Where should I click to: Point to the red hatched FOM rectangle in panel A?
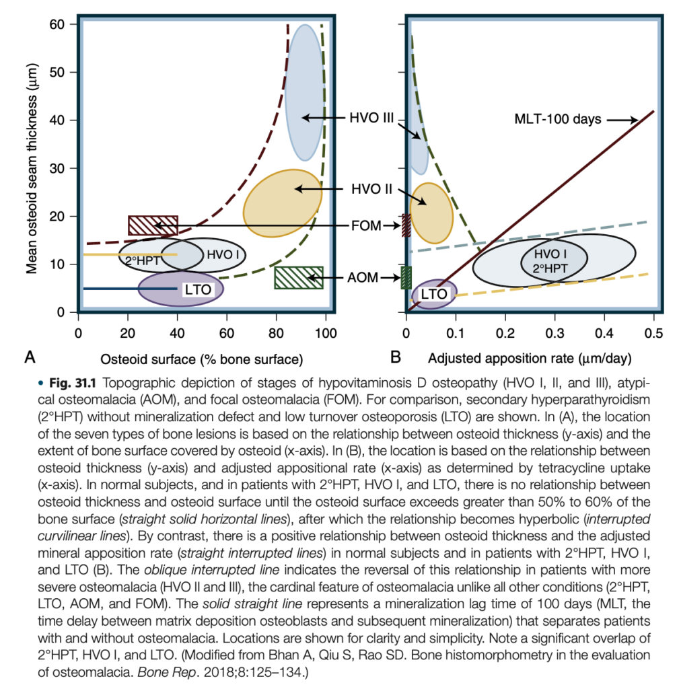tap(153, 225)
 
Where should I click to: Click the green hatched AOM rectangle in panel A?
tap(299, 277)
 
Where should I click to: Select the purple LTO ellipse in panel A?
tap(180, 289)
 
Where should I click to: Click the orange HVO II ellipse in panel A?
tap(282, 203)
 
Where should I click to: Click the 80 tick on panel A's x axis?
tap(276, 331)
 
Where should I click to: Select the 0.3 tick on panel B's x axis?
tap(555, 331)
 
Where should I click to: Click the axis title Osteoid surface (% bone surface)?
tap(201, 357)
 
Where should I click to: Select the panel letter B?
tap(396, 357)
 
